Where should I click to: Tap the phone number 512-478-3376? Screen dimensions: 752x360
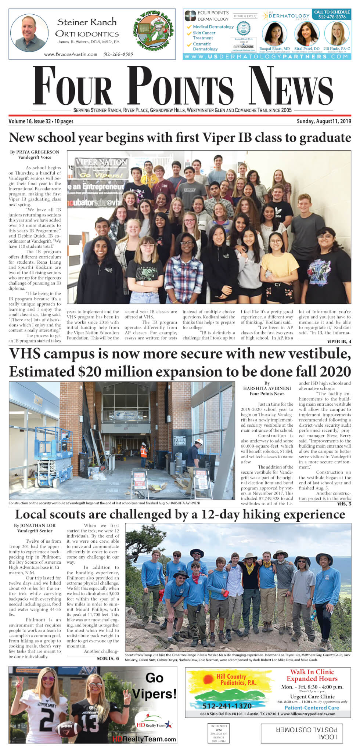tap(332, 17)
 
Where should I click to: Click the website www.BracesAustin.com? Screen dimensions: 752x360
tap(71, 54)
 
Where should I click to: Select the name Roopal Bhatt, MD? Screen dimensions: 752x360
tap(274, 48)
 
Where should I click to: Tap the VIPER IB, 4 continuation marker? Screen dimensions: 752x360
tap(339, 341)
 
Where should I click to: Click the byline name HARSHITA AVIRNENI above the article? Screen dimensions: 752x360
tap(267, 388)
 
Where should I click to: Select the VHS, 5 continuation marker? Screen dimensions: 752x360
tap(344, 504)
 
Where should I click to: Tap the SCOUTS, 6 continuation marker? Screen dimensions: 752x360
tap(108, 658)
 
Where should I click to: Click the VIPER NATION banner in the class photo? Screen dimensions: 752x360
tap(101, 162)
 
